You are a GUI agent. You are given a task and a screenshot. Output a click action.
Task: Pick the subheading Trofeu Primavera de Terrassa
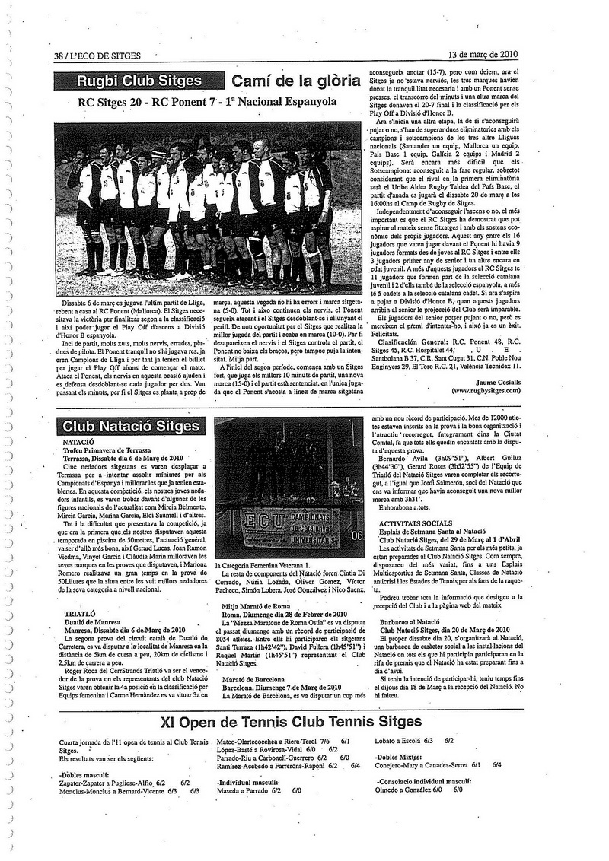click(x=112, y=450)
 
